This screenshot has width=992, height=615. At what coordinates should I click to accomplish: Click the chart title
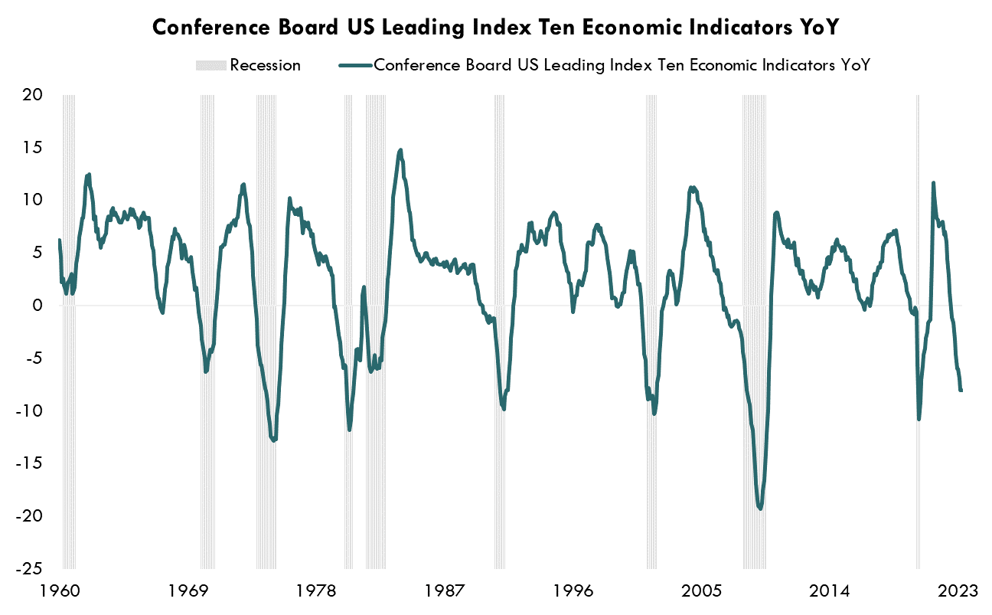pos(496,27)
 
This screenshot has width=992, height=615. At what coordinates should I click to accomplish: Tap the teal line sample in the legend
pos(354,65)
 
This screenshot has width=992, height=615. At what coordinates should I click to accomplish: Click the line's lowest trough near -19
pos(759,508)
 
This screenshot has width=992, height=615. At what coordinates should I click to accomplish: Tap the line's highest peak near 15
pos(400,150)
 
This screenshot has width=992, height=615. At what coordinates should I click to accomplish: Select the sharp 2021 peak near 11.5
pos(933,183)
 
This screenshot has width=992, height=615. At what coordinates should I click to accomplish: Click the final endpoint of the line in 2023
pos(961,391)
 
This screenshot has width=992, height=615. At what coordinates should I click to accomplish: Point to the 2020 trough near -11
pos(919,419)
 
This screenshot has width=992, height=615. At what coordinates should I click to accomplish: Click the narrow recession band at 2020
pos(919,230)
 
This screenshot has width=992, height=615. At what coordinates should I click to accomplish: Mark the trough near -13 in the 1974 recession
pos(273,440)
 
